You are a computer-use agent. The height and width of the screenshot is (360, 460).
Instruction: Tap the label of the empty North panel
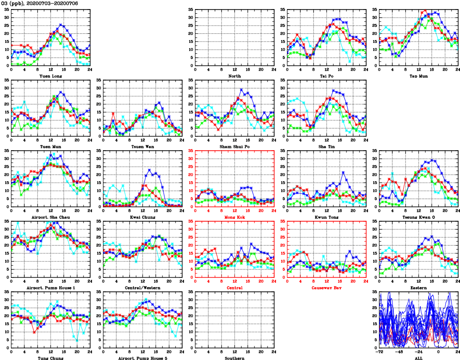click(x=235, y=76)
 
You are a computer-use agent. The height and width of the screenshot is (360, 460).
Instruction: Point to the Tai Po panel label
click(x=326, y=76)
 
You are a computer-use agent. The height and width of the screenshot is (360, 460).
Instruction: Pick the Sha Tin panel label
click(x=326, y=146)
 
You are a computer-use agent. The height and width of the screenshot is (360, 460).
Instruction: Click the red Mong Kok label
click(x=235, y=217)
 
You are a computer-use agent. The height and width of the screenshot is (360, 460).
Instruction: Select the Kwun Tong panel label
click(x=326, y=217)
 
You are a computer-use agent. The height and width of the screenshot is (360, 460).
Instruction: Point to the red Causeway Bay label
click(x=326, y=288)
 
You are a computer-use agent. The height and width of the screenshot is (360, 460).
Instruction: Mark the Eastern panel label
click(x=418, y=288)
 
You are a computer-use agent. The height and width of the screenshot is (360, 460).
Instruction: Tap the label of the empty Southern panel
click(x=235, y=358)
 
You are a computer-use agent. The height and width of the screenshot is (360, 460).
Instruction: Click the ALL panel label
click(x=418, y=358)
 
